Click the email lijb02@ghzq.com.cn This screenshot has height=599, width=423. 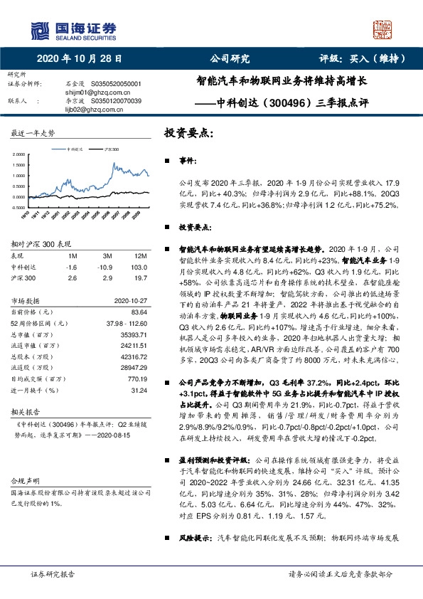[85, 111]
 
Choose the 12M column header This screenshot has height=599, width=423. [139, 255]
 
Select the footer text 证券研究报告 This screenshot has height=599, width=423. [53, 573]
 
